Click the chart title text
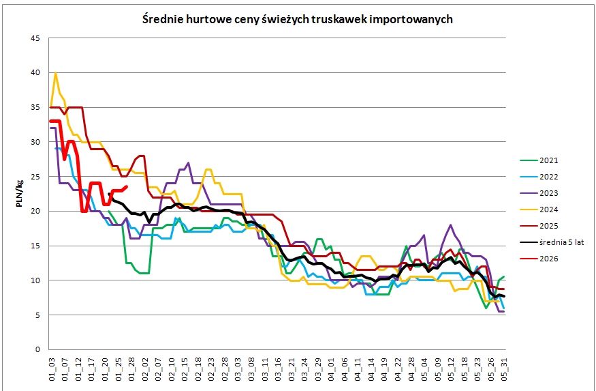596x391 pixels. coord(298,19)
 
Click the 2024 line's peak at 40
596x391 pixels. coord(55,73)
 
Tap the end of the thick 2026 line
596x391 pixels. coord(127,186)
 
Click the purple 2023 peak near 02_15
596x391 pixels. coord(189,163)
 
